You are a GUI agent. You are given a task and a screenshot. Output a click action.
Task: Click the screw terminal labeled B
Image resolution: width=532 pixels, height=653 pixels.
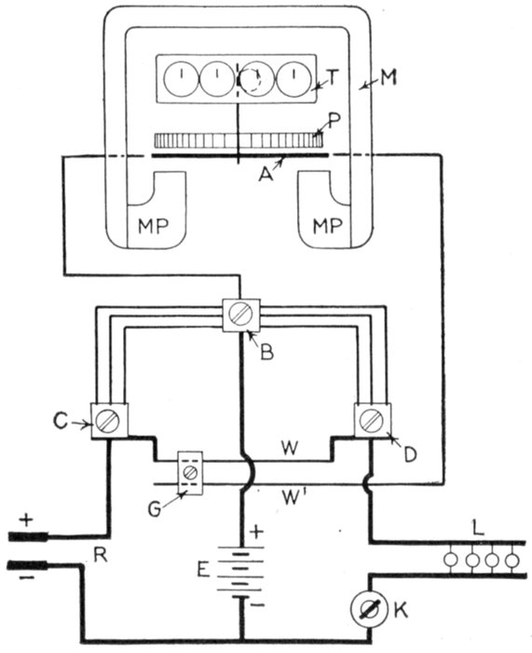(x=241, y=315)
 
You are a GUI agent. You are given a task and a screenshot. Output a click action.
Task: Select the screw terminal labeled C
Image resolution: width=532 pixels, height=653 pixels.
(x=109, y=420)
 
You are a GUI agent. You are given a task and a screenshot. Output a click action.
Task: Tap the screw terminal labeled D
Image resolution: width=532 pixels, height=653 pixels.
(x=373, y=420)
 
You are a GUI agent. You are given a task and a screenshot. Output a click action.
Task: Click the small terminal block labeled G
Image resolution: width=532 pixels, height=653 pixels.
(x=190, y=473)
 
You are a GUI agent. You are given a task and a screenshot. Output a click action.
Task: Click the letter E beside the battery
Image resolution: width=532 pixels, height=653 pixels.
(x=202, y=570)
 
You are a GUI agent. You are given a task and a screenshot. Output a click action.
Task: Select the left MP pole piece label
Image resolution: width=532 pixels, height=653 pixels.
(x=154, y=226)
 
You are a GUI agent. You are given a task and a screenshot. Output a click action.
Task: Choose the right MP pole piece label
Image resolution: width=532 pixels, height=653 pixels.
(x=328, y=226)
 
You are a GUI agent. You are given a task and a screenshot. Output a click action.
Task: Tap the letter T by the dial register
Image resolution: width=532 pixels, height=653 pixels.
(x=333, y=76)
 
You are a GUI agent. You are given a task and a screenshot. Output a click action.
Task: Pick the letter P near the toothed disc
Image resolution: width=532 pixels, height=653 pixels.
(x=334, y=119)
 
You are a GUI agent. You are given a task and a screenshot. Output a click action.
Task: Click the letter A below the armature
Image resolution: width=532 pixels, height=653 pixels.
(x=266, y=175)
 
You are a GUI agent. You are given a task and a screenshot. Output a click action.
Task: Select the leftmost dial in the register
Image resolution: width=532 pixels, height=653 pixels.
(x=182, y=78)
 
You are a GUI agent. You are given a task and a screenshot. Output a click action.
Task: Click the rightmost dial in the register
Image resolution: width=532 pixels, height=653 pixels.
(x=294, y=78)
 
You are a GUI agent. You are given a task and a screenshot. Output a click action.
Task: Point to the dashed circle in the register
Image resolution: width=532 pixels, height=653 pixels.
(x=252, y=80)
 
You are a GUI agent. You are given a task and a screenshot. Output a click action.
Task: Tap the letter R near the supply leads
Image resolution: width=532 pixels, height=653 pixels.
(x=101, y=556)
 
